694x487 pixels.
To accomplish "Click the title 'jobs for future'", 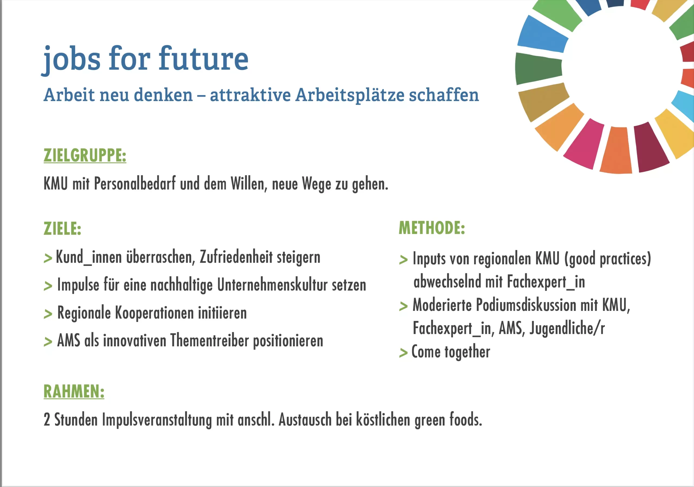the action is (145, 60).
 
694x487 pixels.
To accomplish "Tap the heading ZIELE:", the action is (63, 228).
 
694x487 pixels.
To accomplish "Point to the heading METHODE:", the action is (432, 228).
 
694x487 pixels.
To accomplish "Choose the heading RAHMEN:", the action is (74, 392).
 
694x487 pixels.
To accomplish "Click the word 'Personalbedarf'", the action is (135, 184).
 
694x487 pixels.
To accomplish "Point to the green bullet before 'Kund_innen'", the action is (48, 259).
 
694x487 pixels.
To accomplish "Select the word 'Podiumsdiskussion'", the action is (526, 305).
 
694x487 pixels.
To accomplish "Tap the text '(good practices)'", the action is (608, 259).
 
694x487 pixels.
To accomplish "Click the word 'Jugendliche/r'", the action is (567, 328).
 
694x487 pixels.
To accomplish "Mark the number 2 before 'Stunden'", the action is (47, 420).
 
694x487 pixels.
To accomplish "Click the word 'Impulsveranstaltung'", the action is (157, 420).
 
